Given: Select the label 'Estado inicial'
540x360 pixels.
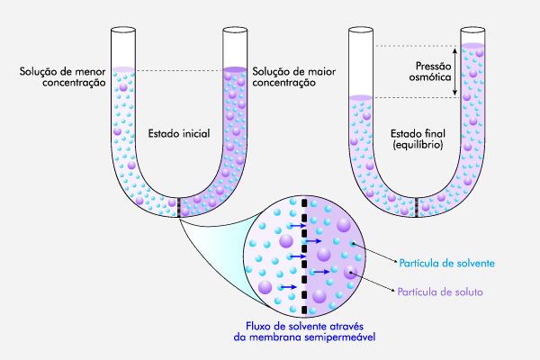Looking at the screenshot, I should pos(178,134).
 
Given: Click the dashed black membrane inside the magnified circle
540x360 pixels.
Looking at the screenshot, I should pos(306,256).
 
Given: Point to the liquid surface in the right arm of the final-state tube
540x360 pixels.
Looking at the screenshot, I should pos(473,45).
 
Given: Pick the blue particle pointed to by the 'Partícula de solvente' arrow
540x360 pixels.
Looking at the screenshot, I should pos(354,244).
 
